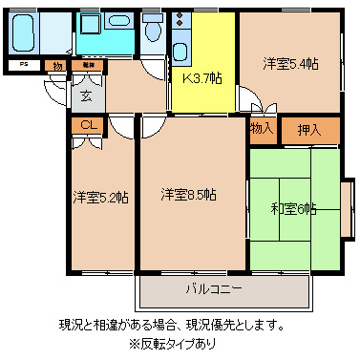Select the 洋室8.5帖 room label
[x=187, y=195]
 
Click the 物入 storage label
[x=263, y=128]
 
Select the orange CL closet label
[x=86, y=125]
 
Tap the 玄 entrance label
[x=85, y=95]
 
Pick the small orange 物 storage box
[x=58, y=65]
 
